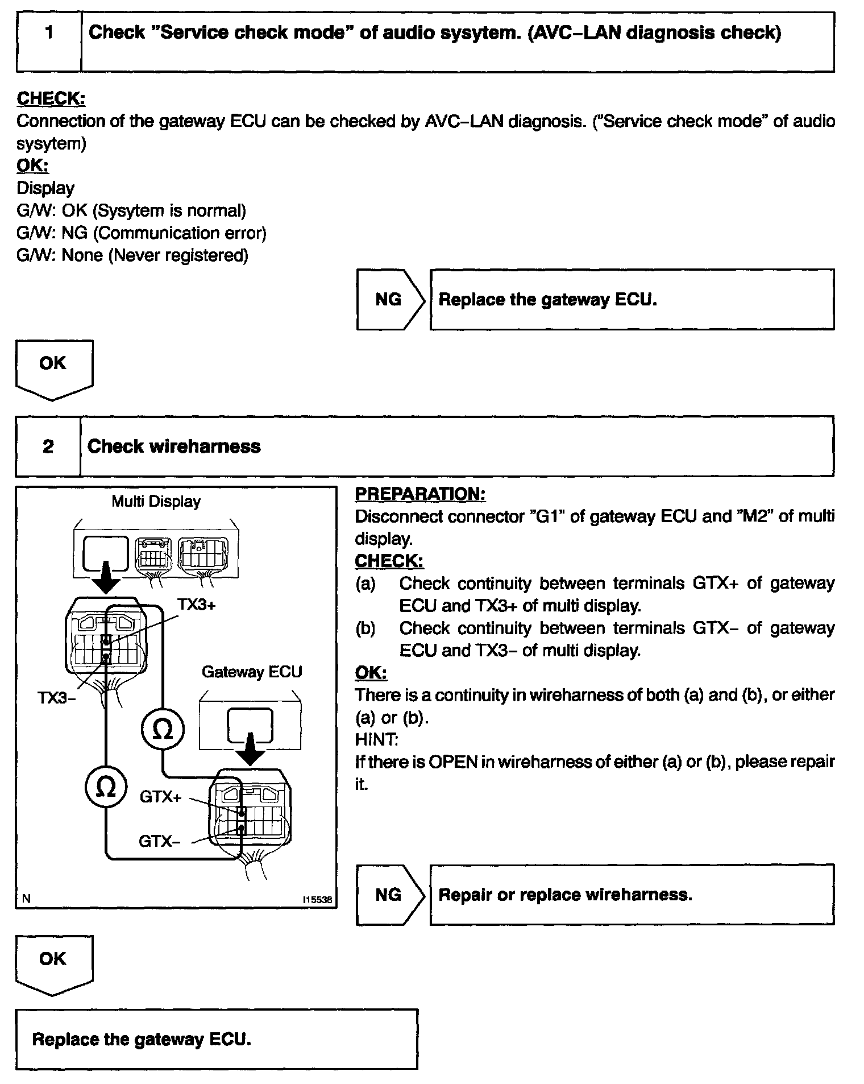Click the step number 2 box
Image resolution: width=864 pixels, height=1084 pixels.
point(48,446)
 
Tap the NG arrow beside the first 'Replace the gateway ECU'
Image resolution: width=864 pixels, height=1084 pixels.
point(390,300)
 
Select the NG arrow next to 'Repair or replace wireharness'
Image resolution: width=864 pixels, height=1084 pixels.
point(390,895)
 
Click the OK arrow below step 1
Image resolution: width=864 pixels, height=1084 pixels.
point(53,367)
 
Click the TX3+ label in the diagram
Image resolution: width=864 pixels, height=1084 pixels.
point(197,605)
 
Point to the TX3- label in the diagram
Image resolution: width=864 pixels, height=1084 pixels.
point(56,697)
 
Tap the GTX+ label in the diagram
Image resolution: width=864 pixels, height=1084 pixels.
point(161,797)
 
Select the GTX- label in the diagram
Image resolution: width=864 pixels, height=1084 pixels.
point(160,841)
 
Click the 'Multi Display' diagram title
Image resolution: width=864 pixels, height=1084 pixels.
point(156,502)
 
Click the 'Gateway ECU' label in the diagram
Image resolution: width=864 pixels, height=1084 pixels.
point(252,672)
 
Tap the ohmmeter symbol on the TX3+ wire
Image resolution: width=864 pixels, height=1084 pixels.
point(163,730)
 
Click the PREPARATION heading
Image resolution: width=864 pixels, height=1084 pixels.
point(420,494)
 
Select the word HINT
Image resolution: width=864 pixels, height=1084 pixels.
point(376,739)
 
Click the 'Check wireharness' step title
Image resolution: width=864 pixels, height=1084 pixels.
point(174,446)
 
